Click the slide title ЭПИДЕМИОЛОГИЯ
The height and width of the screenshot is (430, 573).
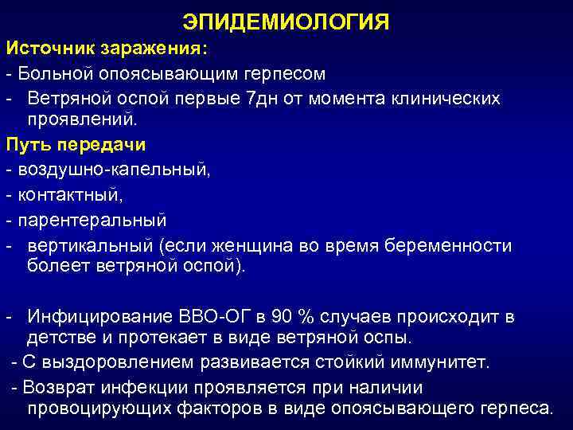pos(286,21)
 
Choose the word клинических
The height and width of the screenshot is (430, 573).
pos(437,98)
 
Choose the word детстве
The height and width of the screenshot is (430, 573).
pos(61,338)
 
